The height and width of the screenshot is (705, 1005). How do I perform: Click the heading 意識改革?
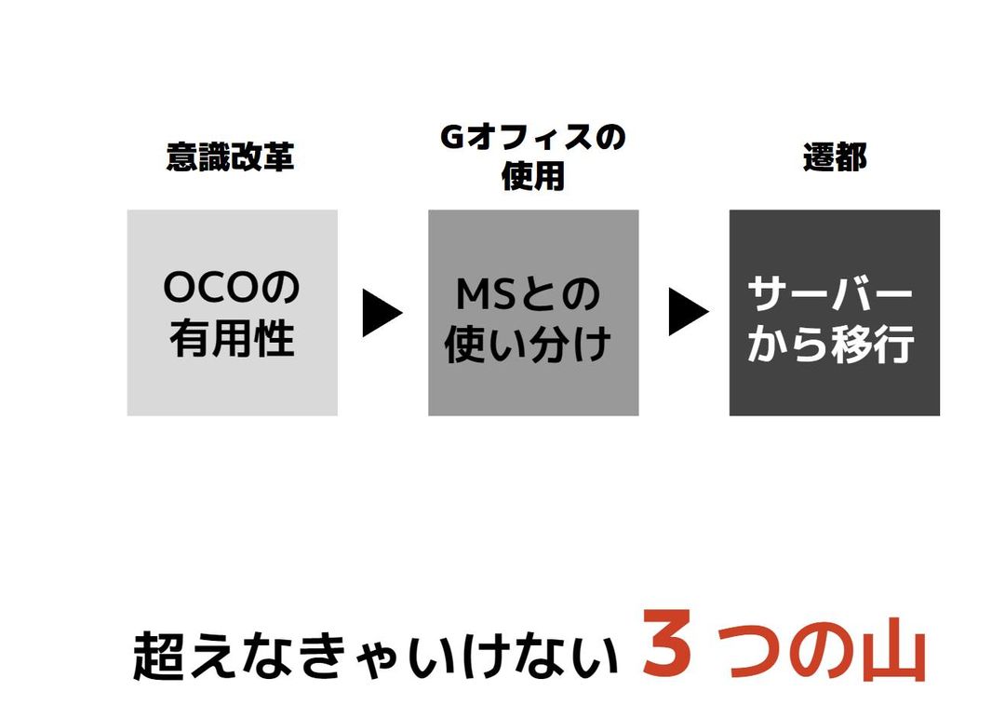tap(230, 157)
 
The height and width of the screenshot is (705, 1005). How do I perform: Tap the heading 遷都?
tap(835, 157)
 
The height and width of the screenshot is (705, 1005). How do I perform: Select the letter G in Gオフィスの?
tap(452, 137)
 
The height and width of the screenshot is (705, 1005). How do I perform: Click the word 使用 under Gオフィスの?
tap(532, 176)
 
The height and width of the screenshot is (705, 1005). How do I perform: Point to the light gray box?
tap(232, 312)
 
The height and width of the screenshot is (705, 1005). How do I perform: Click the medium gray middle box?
tap(533, 312)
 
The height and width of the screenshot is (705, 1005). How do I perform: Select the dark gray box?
tap(835, 312)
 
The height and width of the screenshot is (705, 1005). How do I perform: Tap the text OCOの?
tap(232, 288)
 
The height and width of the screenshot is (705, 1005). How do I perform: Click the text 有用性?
tap(232, 338)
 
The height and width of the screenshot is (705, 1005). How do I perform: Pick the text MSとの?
tap(529, 293)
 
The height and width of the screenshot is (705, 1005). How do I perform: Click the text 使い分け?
tap(528, 345)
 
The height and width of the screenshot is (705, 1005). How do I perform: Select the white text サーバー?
tap(830, 293)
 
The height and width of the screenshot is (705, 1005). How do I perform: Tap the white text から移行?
tap(831, 345)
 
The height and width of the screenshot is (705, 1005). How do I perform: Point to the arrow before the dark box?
tap(688, 312)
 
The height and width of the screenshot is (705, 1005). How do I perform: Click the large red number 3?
tap(666, 642)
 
